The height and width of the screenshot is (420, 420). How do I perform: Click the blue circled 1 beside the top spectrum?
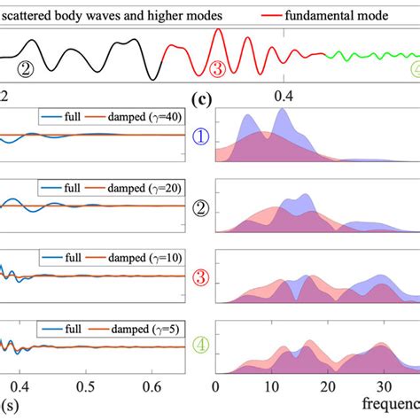(203, 136)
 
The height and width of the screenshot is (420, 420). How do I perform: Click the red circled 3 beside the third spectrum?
(203, 279)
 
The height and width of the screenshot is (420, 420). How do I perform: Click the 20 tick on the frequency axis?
(327, 387)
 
